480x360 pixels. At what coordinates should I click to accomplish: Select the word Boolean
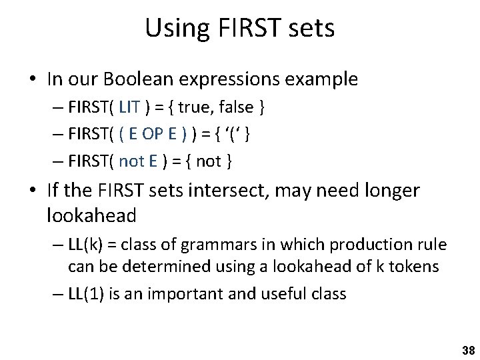click(x=134, y=79)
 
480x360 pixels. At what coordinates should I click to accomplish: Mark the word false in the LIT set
click(x=235, y=107)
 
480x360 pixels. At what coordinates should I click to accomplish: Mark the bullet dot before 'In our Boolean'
click(x=31, y=80)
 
